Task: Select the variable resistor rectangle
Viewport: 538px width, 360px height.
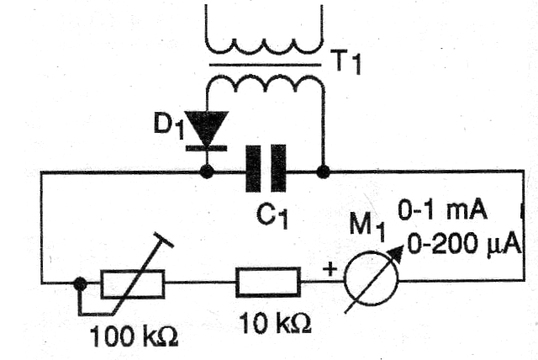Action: click(x=132, y=284)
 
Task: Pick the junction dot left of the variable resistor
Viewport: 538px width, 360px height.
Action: click(x=80, y=283)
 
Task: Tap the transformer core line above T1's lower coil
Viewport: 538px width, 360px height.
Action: click(x=265, y=62)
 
